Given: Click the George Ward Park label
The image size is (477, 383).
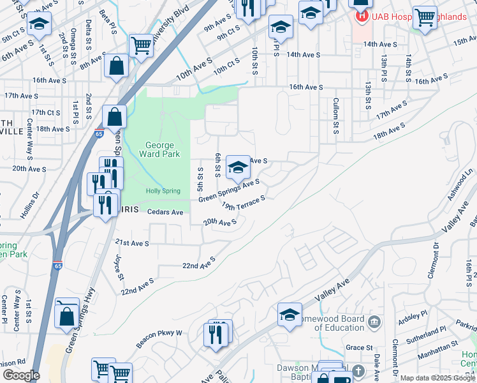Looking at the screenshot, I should [159, 149].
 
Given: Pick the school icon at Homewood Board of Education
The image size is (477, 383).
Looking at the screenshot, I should [290, 315].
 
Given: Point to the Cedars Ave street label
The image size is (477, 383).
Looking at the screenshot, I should [165, 212].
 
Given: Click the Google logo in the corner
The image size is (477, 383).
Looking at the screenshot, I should [21, 375].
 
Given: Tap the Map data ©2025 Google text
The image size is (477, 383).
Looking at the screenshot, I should [437, 378].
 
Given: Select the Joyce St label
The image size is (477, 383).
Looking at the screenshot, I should [119, 268].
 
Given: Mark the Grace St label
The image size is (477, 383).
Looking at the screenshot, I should [359, 348].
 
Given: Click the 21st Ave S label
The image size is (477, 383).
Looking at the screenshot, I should [131, 243].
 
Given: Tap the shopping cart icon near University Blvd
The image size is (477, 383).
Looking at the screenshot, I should [142, 45].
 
